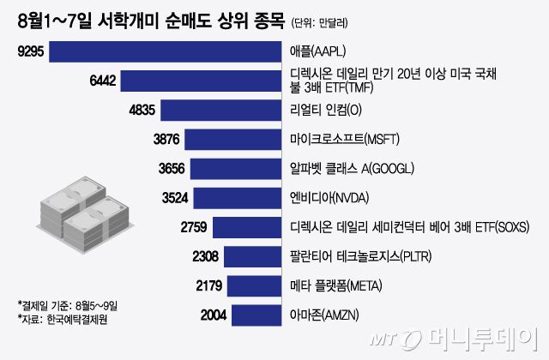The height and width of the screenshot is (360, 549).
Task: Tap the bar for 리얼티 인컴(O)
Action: [222, 110]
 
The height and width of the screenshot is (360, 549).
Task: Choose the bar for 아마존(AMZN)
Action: [258, 314]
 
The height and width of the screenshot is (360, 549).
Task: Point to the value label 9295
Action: [32, 51]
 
